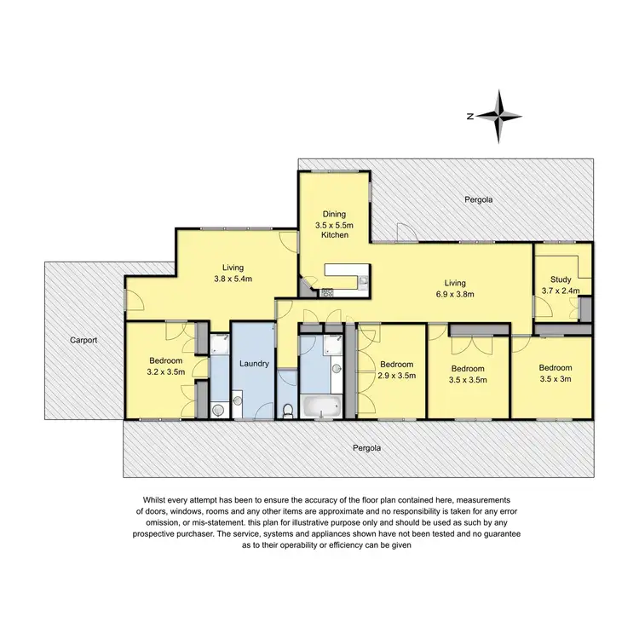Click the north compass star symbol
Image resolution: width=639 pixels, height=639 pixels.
503,116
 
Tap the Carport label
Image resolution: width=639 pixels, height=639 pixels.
84,339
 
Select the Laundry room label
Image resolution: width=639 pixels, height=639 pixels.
254,364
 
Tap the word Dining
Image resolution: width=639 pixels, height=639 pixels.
333,214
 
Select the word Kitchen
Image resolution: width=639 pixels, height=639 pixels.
333,235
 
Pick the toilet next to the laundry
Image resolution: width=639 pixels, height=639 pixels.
288,411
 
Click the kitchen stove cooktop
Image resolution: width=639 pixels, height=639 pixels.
326,291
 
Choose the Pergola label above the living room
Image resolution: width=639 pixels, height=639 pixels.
479,199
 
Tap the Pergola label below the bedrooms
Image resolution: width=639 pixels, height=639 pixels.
367,446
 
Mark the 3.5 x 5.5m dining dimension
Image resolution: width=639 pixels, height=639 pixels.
333,225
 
